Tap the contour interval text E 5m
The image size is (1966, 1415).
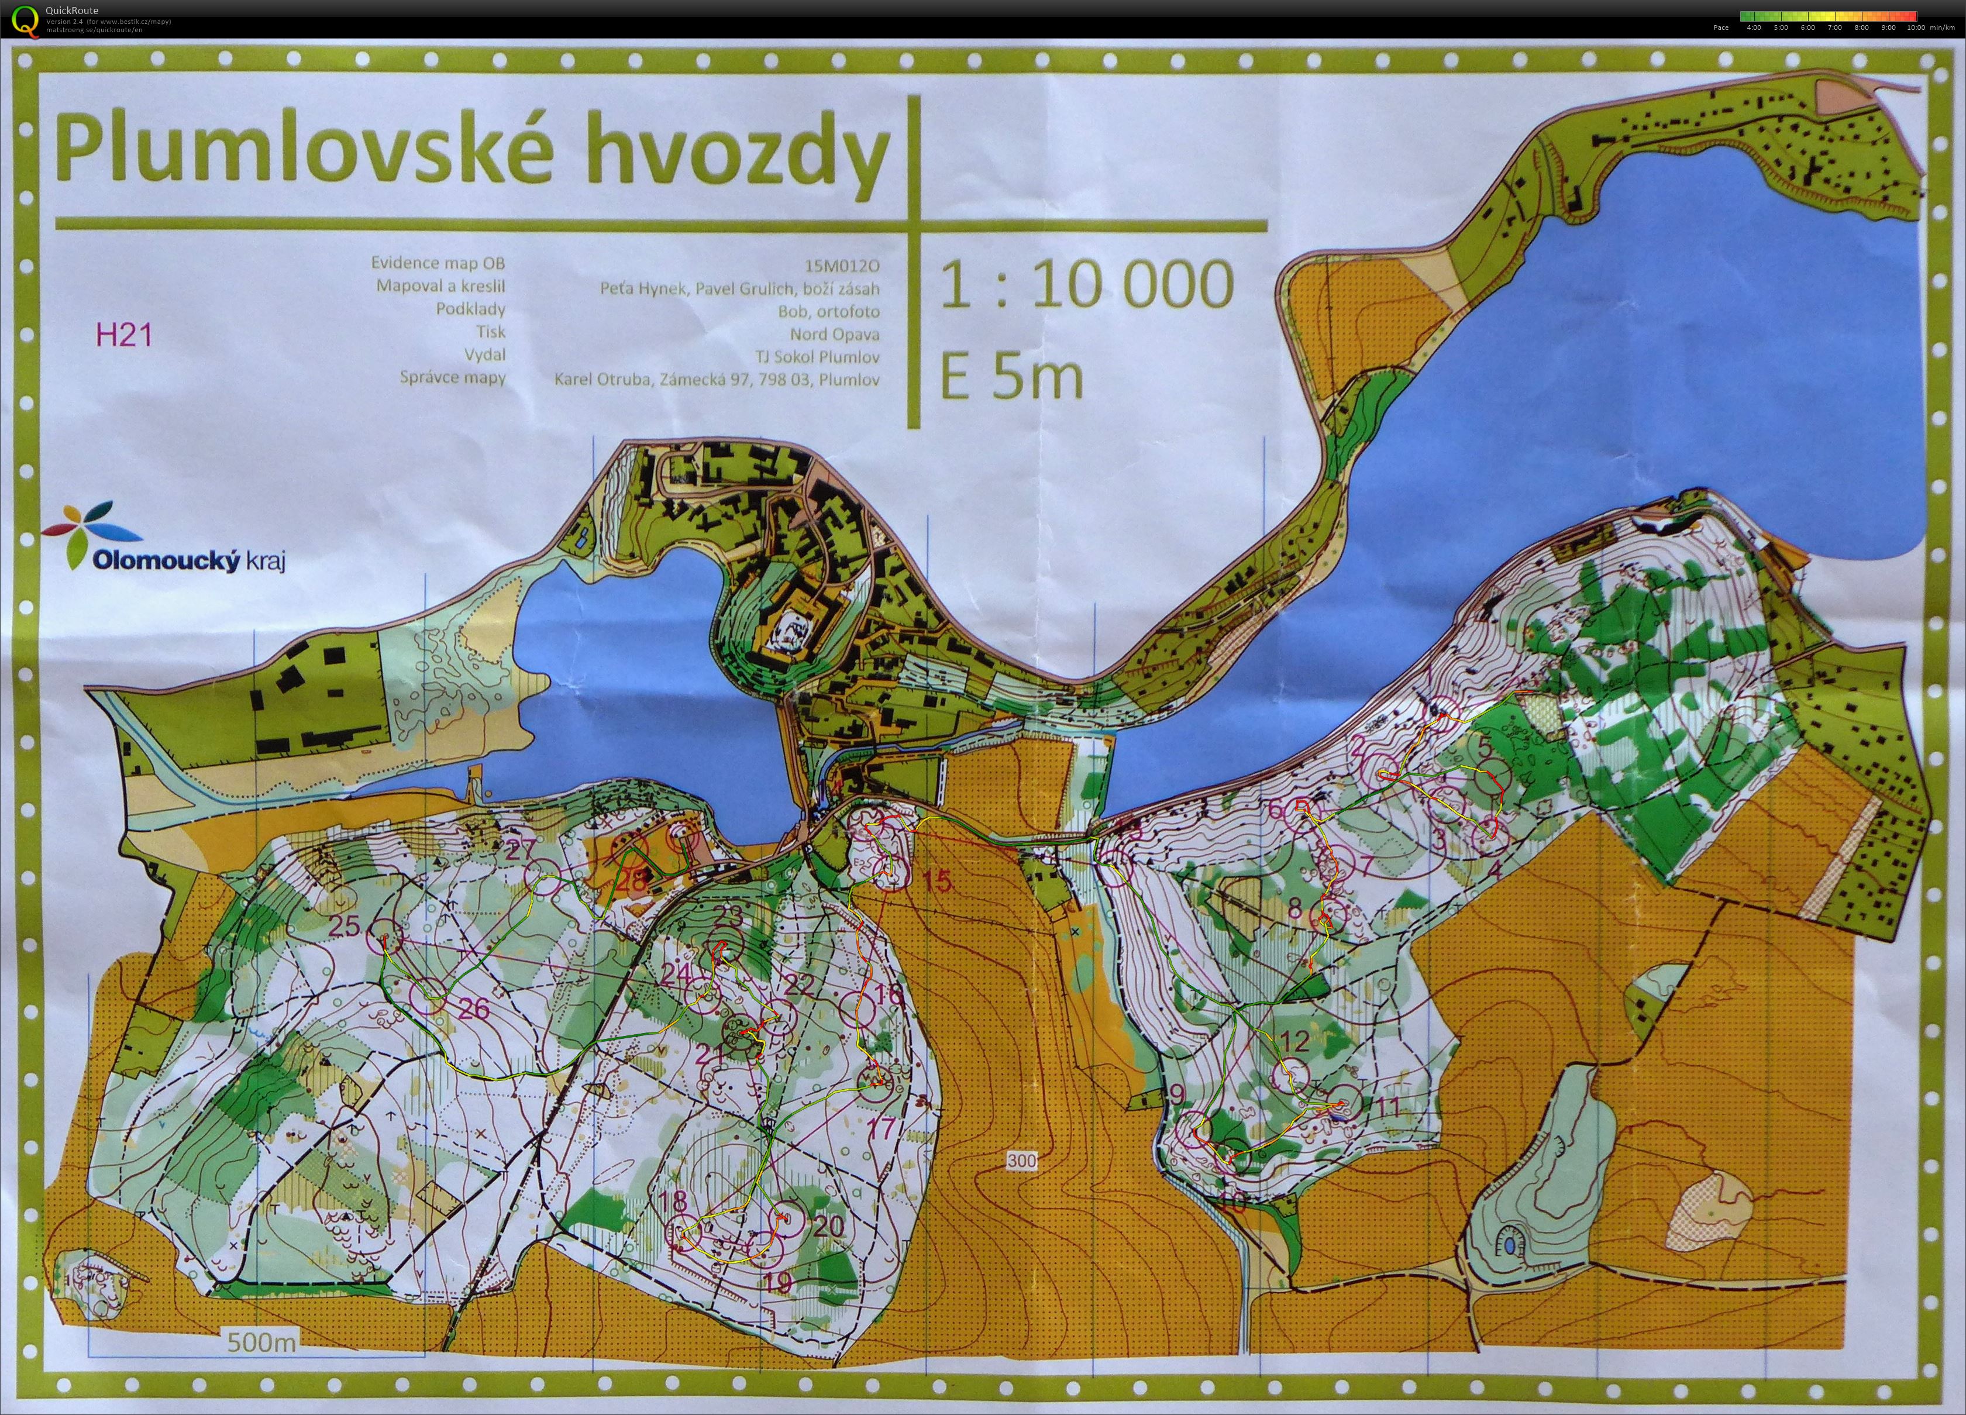(x=1011, y=377)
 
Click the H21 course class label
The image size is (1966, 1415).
(x=124, y=335)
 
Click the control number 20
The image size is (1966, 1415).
(x=829, y=1225)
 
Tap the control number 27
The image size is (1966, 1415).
(x=520, y=851)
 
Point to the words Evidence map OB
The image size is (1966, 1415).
(x=438, y=263)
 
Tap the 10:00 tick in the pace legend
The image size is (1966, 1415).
(x=1916, y=27)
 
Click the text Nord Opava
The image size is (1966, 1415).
(x=834, y=334)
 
